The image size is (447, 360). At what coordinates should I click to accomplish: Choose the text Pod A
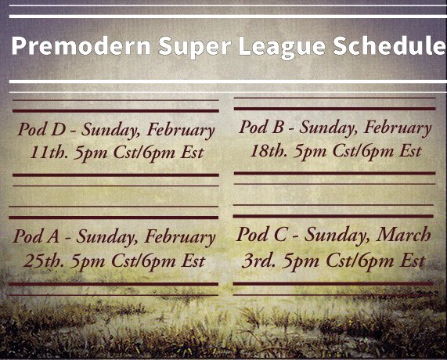pos(38,236)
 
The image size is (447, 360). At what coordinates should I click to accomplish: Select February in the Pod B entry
pos(398,128)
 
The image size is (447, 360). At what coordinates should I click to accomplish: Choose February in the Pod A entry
pos(178,236)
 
